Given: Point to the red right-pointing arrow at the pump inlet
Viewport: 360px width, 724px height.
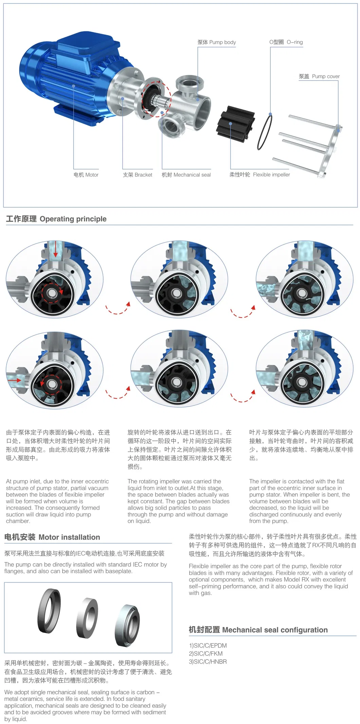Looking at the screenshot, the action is coord(14,381).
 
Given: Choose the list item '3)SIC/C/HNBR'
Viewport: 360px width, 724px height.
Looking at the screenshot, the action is coord(208,662).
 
